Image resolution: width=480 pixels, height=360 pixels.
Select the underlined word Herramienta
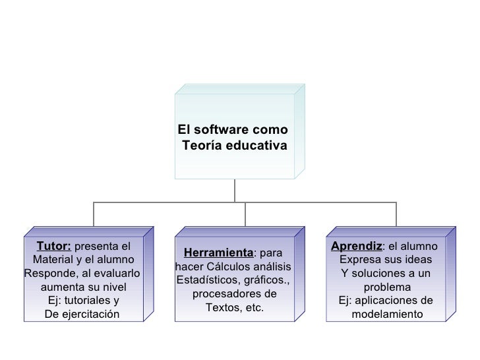[x=218, y=253]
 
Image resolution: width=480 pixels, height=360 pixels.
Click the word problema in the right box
[x=387, y=287]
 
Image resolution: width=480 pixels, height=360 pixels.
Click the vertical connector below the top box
[x=235, y=190]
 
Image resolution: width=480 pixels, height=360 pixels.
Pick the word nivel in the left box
[x=111, y=287]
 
